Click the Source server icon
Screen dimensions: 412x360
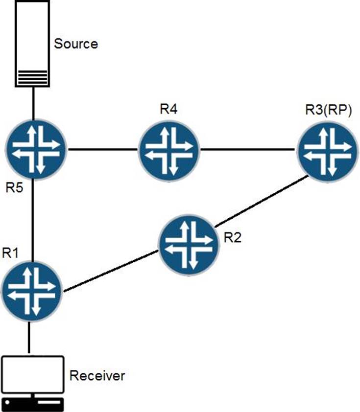click(33, 44)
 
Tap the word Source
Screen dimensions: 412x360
click(76, 44)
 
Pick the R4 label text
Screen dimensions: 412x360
click(168, 109)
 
